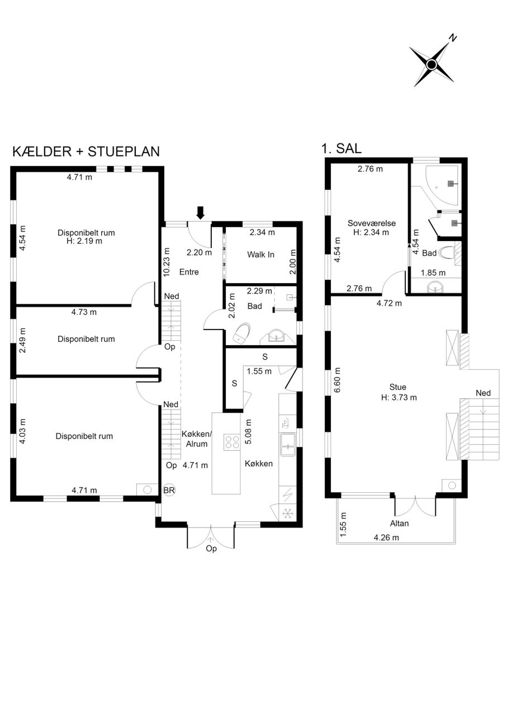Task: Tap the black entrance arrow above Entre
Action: coord(200,213)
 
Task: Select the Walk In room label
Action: coord(260,255)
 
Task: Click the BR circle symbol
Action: coord(169,490)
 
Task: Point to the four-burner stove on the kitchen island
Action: coord(231,442)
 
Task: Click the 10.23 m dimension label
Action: coord(167,262)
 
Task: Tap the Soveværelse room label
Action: coord(372,223)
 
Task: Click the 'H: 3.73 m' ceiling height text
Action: coord(399,397)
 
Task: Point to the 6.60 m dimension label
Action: coord(338,380)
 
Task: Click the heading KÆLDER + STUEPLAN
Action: coord(86,152)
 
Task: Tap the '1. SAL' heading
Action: coord(341,148)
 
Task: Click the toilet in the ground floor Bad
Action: coord(241,333)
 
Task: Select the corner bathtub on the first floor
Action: coord(444,185)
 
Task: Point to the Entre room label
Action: coord(189,272)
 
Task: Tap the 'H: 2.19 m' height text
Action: coord(84,241)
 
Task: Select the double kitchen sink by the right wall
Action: coord(288,444)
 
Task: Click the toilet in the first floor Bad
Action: coord(448,253)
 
